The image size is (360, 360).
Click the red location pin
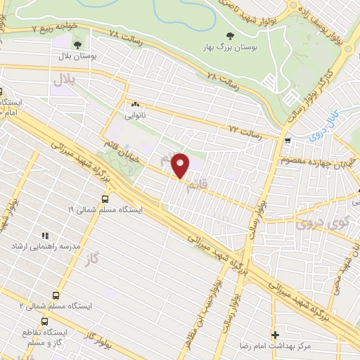(182, 165)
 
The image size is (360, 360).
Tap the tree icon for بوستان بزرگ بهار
(229, 35)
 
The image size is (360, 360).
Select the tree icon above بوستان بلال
(77, 45)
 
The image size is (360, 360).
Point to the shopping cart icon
(287, 141)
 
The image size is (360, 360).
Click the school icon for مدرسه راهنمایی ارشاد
(46, 236)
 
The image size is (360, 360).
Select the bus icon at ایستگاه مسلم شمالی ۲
(56, 295)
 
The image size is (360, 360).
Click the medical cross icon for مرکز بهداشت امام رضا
(275, 335)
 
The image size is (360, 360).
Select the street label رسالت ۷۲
(245, 131)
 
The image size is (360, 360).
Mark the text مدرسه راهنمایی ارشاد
(41, 247)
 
